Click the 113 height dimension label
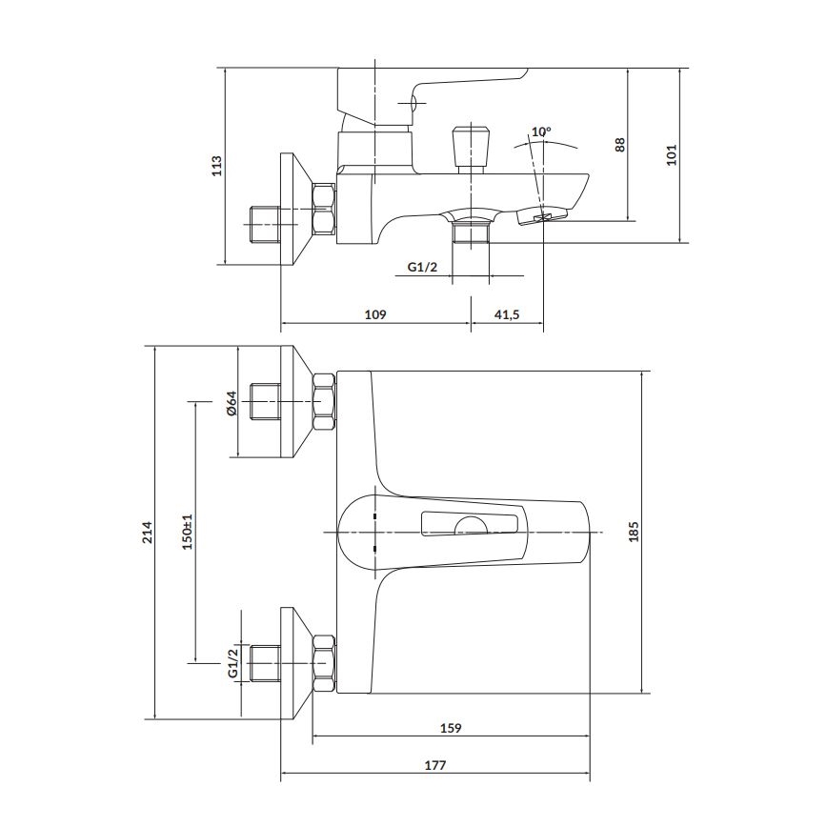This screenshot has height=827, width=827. [216, 166]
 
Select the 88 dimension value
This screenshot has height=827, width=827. [619, 145]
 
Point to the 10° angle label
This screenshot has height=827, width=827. [541, 131]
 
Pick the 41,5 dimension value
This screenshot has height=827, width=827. [506, 314]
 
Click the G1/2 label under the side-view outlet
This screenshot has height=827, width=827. [422, 267]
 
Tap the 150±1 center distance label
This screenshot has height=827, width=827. [188, 531]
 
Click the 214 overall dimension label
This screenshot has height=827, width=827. [147, 532]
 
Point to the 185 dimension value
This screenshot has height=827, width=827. [634, 531]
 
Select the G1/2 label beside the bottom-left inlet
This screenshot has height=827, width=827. [232, 661]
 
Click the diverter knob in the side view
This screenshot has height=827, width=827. [471, 144]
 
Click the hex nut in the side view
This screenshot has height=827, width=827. [324, 209]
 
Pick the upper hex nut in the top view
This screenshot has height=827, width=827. [324, 402]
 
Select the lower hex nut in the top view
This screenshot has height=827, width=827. [324, 661]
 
